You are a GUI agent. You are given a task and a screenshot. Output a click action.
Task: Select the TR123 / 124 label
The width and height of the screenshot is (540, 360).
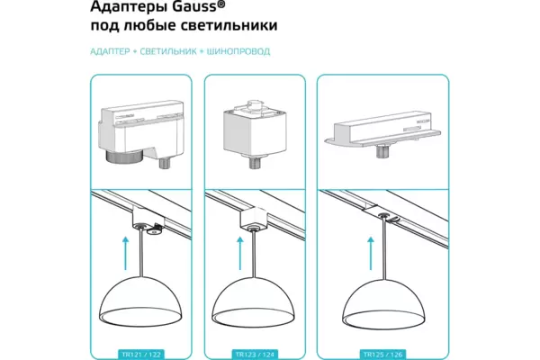pos(257,354)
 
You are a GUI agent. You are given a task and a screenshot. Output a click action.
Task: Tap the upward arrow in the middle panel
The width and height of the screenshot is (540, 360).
pos(239,248)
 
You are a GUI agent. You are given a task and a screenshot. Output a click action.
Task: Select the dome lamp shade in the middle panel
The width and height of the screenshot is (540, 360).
pos(257,301)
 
